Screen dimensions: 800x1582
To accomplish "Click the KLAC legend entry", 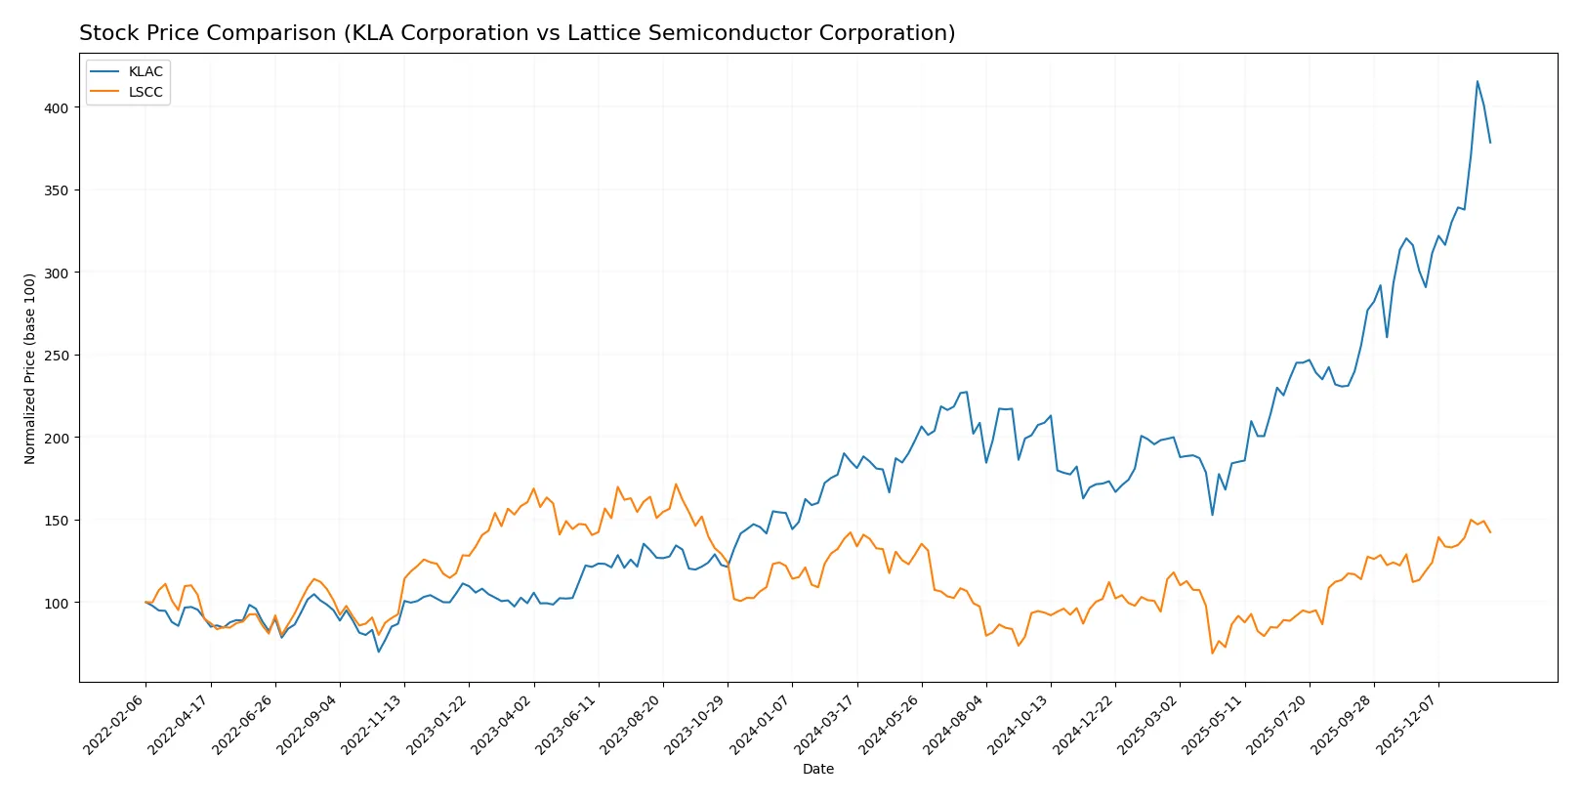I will pos(145,71).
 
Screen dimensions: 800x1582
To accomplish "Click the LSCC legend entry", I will pos(145,92).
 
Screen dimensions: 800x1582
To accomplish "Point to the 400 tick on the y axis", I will pos(57,108).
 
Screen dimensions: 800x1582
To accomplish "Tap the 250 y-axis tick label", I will pos(57,356).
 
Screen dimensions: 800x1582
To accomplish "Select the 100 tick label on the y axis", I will pos(57,604).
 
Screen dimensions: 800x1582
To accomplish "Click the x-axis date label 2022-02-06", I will pos(115,725).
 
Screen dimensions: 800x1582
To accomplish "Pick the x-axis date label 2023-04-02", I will pos(503,725).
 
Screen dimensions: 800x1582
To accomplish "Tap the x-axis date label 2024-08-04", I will pos(955,725).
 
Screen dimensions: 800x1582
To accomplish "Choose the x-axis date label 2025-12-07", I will pos(1407,725).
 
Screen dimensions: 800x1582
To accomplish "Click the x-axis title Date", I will pos(817,770).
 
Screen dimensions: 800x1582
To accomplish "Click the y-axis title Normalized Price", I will pos(30,368).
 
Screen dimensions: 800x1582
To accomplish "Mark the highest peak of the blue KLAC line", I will pos(1477,81).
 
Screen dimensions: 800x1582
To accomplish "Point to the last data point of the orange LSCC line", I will pos(1490,532).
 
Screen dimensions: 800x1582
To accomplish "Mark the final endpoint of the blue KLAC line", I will pos(1490,143).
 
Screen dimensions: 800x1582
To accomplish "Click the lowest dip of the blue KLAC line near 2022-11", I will pos(379,652).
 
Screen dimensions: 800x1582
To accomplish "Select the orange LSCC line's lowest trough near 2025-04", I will pos(1212,653).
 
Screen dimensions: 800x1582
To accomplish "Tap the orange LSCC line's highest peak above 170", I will pos(676,484).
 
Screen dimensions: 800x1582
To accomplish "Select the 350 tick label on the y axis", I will pos(57,190).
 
